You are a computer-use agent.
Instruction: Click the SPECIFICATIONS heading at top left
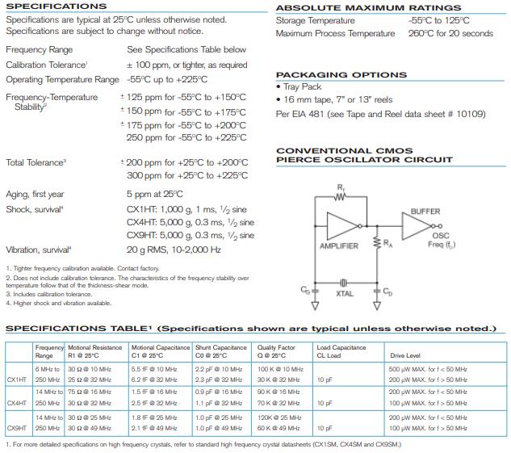pyautogui.click(x=56, y=6)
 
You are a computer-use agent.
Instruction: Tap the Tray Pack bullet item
pyautogui.click(x=301, y=86)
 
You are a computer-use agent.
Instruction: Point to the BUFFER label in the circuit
pyautogui.click(x=425, y=212)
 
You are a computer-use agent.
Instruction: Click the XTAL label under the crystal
pyautogui.click(x=345, y=295)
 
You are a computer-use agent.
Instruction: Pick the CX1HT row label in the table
pyautogui.click(x=17, y=379)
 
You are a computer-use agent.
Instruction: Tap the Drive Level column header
pyautogui.click(x=405, y=355)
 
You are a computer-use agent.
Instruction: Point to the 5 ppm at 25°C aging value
pyautogui.click(x=154, y=194)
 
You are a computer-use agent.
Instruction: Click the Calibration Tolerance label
pyautogui.click(x=46, y=65)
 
